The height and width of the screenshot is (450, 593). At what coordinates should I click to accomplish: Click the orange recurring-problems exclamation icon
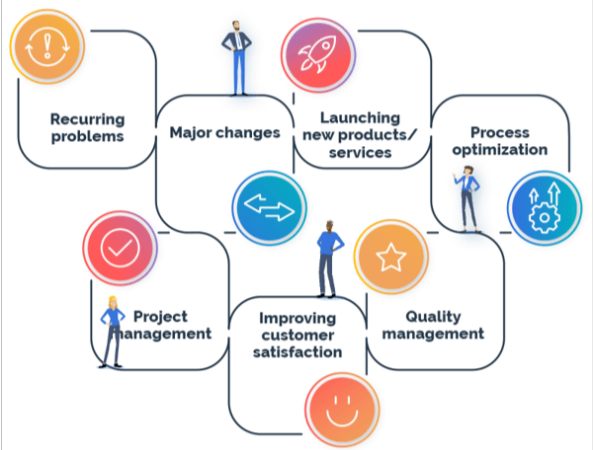pyautogui.click(x=42, y=47)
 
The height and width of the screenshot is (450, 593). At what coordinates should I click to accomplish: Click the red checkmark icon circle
pyautogui.click(x=119, y=249)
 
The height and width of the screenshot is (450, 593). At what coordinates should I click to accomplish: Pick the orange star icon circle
pyautogui.click(x=390, y=258)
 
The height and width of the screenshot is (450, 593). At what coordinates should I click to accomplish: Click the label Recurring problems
pyautogui.click(x=87, y=127)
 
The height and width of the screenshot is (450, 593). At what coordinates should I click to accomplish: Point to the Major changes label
pyautogui.click(x=225, y=131)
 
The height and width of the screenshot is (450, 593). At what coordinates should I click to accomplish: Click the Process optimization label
pyautogui.click(x=500, y=141)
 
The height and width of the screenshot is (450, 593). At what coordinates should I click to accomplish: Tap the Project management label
pyautogui.click(x=166, y=325)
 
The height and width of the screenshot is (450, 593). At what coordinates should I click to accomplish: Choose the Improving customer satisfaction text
pyautogui.click(x=297, y=335)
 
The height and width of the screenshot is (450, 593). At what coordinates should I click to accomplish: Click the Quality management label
pyautogui.click(x=433, y=325)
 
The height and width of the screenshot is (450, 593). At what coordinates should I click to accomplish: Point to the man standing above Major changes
pyautogui.click(x=237, y=56)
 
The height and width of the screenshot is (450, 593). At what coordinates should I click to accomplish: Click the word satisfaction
pyautogui.click(x=297, y=351)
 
